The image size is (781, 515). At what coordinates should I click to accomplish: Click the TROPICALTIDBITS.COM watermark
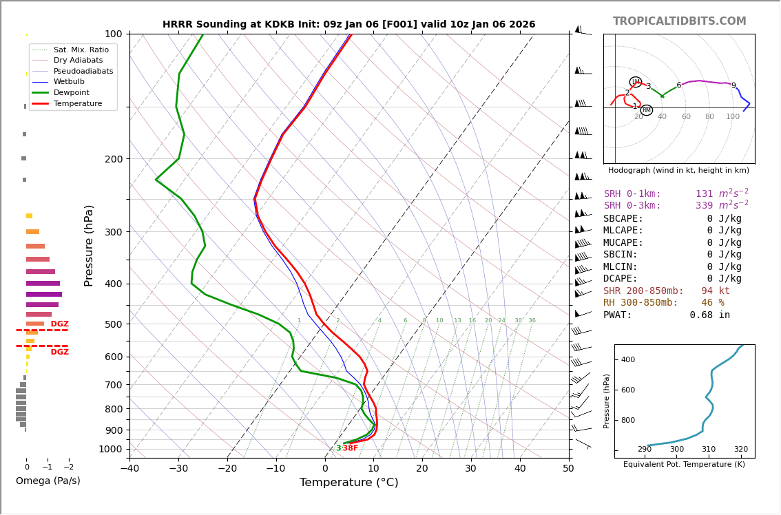679,21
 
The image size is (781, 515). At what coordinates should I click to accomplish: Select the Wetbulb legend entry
68,82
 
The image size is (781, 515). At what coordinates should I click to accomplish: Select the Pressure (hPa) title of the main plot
89,245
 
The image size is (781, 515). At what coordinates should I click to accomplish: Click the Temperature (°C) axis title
348,483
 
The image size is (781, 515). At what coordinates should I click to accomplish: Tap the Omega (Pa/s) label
48,481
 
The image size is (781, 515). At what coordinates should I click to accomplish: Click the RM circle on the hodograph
646,110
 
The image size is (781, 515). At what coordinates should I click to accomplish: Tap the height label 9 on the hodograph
733,86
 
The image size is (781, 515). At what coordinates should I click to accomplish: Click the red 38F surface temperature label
351,448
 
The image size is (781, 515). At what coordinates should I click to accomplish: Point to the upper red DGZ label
59,324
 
